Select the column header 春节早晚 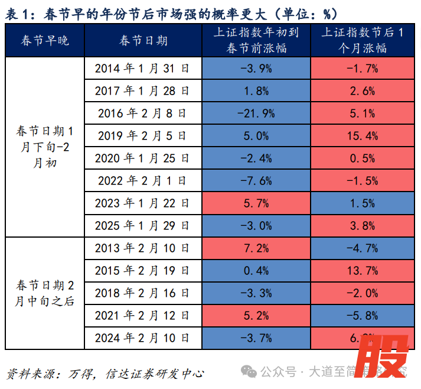[44, 41]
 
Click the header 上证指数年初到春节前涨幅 [256, 41]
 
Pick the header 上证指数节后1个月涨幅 [363, 41]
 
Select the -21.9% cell [256, 114]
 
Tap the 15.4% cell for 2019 [363, 136]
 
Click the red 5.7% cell [256, 203]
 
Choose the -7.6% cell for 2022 [256, 181]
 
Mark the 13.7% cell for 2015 [363, 271]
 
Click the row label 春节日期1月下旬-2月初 [44, 147]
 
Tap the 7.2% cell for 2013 [256, 248]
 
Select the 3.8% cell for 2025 [363, 226]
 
